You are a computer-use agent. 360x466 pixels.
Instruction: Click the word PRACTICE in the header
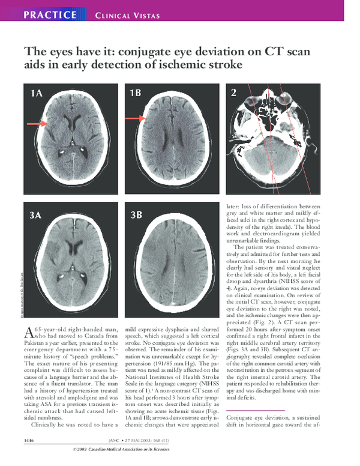50,14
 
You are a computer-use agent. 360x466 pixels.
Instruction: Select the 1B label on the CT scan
136,93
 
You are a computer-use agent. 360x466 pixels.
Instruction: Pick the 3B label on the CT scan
136,214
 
